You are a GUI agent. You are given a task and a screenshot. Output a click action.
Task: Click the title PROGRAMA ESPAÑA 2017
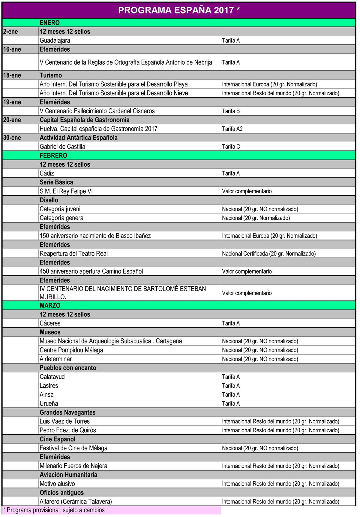(x=179, y=10)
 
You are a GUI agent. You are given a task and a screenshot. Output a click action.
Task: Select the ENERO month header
(x=50, y=23)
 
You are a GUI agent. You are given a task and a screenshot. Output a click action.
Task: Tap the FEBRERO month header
(x=53, y=156)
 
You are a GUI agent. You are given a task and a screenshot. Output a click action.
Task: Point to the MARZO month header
(x=50, y=305)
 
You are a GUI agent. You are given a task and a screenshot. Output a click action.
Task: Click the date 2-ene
(x=11, y=32)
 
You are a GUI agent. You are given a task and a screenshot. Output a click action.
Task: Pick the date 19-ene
(x=12, y=102)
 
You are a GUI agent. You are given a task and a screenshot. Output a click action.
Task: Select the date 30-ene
(x=12, y=138)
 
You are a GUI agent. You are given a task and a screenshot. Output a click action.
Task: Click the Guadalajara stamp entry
(x=55, y=41)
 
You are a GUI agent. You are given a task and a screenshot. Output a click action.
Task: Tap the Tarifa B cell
(x=231, y=111)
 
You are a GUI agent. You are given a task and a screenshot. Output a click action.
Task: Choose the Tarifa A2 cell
(x=232, y=129)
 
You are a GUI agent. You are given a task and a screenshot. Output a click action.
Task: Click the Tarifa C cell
(x=231, y=147)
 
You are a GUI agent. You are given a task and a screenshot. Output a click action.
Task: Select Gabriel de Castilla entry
(x=62, y=147)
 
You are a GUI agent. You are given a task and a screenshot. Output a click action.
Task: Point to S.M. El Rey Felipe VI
(x=66, y=191)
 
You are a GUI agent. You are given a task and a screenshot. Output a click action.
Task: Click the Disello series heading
(x=49, y=200)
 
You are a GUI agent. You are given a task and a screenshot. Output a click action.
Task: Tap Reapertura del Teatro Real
(x=74, y=254)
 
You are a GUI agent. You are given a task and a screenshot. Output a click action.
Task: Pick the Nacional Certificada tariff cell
(x=269, y=254)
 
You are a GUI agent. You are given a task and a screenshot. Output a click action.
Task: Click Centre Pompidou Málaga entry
(x=71, y=350)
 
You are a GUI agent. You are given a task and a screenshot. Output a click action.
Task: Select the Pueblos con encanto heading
(x=68, y=368)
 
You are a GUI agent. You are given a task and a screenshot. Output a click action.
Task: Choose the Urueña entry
(x=49, y=404)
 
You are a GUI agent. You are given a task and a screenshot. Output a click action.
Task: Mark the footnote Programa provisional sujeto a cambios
(x=54, y=510)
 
